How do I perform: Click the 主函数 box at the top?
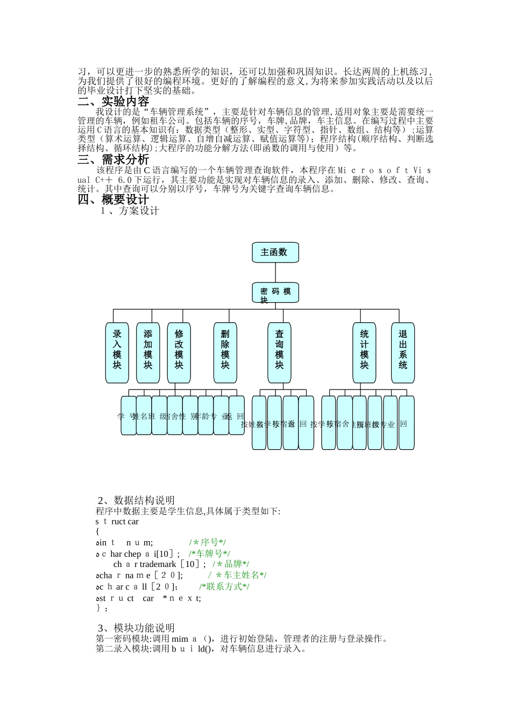click(275, 252)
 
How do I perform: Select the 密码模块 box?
click(275, 293)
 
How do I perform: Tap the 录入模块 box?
click(117, 352)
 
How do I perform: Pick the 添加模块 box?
click(148, 352)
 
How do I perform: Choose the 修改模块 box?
click(179, 352)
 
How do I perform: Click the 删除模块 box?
click(225, 352)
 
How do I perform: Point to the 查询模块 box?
click(279, 352)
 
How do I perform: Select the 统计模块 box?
click(364, 352)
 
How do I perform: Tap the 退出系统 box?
click(402, 352)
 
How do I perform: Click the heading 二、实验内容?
click(113, 101)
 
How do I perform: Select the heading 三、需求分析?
click(113, 159)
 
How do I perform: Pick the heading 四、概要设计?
click(113, 200)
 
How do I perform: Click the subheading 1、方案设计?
click(130, 211)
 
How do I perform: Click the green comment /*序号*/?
click(207, 542)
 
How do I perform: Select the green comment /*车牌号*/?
click(209, 554)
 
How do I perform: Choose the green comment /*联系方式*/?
click(224, 586)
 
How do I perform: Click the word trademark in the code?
click(158, 564)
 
